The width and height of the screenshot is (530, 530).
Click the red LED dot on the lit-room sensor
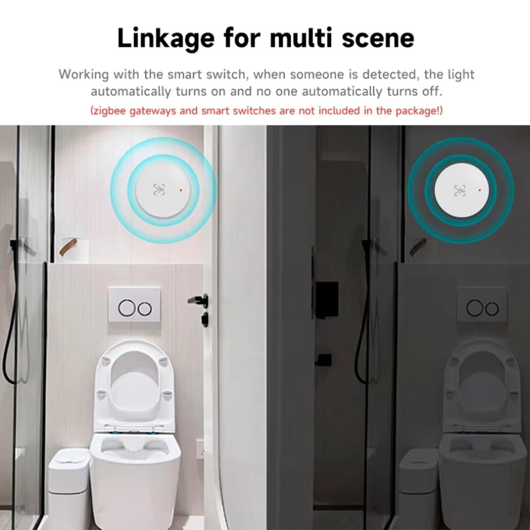[181, 190]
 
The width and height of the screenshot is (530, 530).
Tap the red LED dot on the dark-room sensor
[480, 191]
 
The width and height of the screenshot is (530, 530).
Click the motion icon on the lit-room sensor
[159, 190]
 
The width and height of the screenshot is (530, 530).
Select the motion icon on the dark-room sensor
[460, 191]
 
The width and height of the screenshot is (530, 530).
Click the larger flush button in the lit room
[127, 308]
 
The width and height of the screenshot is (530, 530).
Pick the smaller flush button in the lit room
[145, 308]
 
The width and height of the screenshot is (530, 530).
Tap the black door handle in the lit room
[199, 300]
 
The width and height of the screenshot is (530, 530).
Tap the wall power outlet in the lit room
[200, 449]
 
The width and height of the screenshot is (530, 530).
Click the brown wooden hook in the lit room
[69, 247]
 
